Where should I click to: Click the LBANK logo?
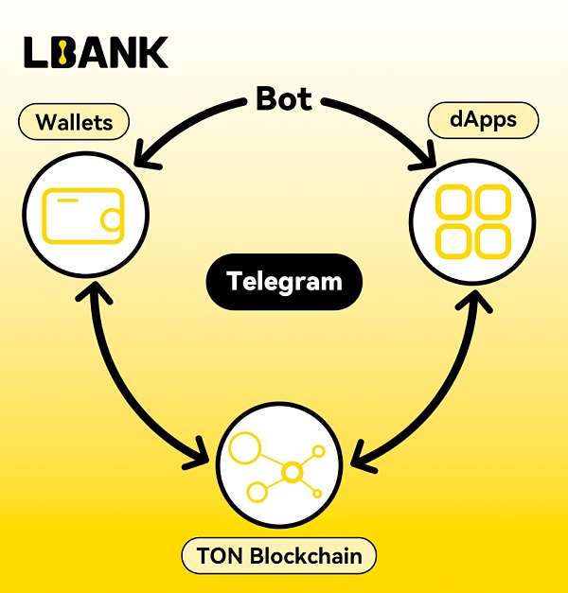click(96, 52)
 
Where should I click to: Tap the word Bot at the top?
click(283, 99)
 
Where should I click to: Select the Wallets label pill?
click(74, 122)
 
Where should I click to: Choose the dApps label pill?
click(483, 121)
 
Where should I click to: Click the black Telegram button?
click(284, 282)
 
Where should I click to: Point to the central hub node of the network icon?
click(292, 470)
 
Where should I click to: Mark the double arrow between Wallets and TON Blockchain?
click(123, 378)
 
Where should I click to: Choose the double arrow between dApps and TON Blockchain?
click(445, 378)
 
